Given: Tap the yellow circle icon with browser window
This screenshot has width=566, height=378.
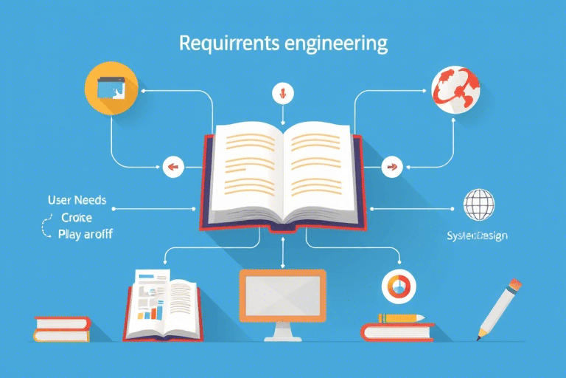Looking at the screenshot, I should tap(111, 87).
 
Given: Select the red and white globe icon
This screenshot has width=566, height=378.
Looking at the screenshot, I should tap(456, 90).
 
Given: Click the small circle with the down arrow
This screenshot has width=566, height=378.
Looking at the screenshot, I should tap(282, 93).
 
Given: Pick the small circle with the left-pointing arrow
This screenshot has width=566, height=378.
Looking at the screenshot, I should tap(172, 167).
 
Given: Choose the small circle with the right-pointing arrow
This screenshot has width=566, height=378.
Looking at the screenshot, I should tap(391, 167).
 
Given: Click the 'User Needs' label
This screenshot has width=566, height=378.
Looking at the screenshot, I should tap(77, 200).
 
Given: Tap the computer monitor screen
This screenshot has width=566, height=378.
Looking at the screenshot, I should tap(282, 295).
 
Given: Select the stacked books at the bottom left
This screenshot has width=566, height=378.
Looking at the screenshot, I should tap(63, 329).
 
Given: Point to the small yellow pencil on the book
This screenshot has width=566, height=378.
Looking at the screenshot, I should tap(402, 317).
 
